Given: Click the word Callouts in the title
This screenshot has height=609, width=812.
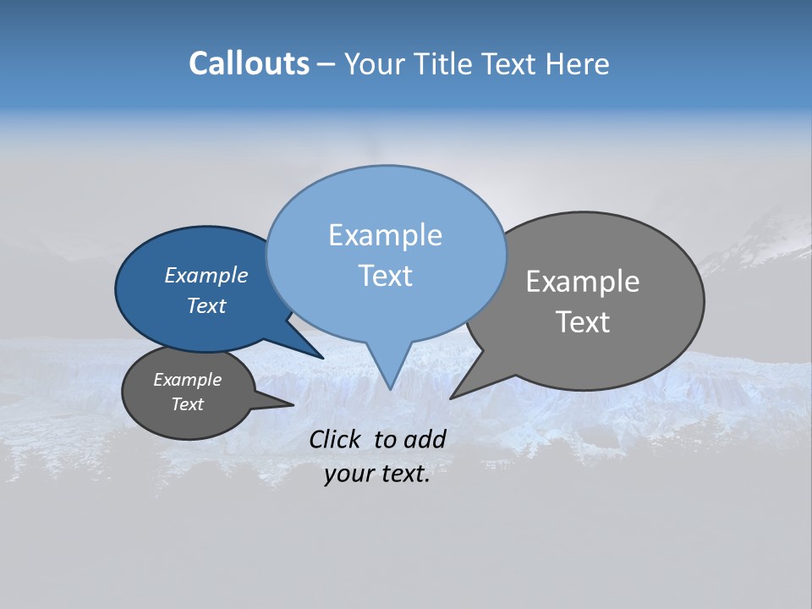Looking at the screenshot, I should pos(249,63).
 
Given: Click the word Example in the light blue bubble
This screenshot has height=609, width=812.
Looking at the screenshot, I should pos(385,235).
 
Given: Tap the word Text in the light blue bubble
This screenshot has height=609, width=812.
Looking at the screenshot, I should pos(385,276).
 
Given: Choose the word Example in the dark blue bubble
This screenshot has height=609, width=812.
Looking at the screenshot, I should pos(206,275).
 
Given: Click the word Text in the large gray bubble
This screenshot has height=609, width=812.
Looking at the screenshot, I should pos(583,322).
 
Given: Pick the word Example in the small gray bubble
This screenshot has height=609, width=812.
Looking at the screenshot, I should pos(187,380).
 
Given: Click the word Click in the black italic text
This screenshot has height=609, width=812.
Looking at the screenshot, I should pos(334,439).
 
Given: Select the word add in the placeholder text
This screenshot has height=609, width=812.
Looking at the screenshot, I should pos(425,439).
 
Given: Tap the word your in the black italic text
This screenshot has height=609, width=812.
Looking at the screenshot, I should pos(348,475).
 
